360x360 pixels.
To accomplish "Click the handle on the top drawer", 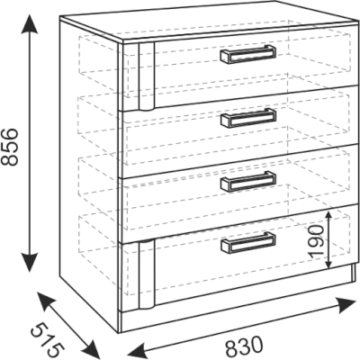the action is (x=247, y=54).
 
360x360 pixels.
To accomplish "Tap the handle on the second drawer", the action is (x=247, y=118).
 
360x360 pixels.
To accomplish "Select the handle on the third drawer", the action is (x=247, y=181).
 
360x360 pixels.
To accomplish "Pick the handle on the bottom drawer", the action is (x=247, y=242).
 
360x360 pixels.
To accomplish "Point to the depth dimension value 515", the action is (x=48, y=339).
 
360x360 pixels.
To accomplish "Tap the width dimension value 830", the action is (x=244, y=346).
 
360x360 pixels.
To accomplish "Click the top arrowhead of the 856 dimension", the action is (x=30, y=22).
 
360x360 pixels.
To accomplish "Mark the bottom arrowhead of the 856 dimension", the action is (x=30, y=262).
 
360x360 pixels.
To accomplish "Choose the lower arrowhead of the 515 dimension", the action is (x=90, y=348).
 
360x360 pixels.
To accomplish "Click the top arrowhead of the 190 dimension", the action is (x=328, y=216).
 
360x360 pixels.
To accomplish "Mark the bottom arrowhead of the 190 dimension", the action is (x=328, y=263).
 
